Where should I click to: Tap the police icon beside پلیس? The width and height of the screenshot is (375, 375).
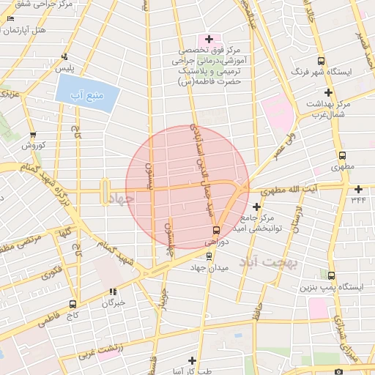[66, 56]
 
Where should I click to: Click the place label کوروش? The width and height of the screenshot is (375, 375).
[32, 145]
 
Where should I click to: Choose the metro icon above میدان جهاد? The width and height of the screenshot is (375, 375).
[209, 256]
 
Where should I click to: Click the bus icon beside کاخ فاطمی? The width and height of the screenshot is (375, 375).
[73, 304]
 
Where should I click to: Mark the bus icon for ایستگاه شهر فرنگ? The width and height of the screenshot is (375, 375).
[320, 62]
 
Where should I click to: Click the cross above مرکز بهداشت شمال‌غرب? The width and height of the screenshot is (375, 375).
[328, 92]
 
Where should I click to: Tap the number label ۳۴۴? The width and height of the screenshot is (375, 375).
[358, 199]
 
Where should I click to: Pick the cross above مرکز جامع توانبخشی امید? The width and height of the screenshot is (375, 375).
[256, 207]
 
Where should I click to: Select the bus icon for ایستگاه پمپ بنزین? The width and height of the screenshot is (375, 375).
[332, 276]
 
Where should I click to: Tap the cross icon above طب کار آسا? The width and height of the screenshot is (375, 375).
[193, 360]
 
